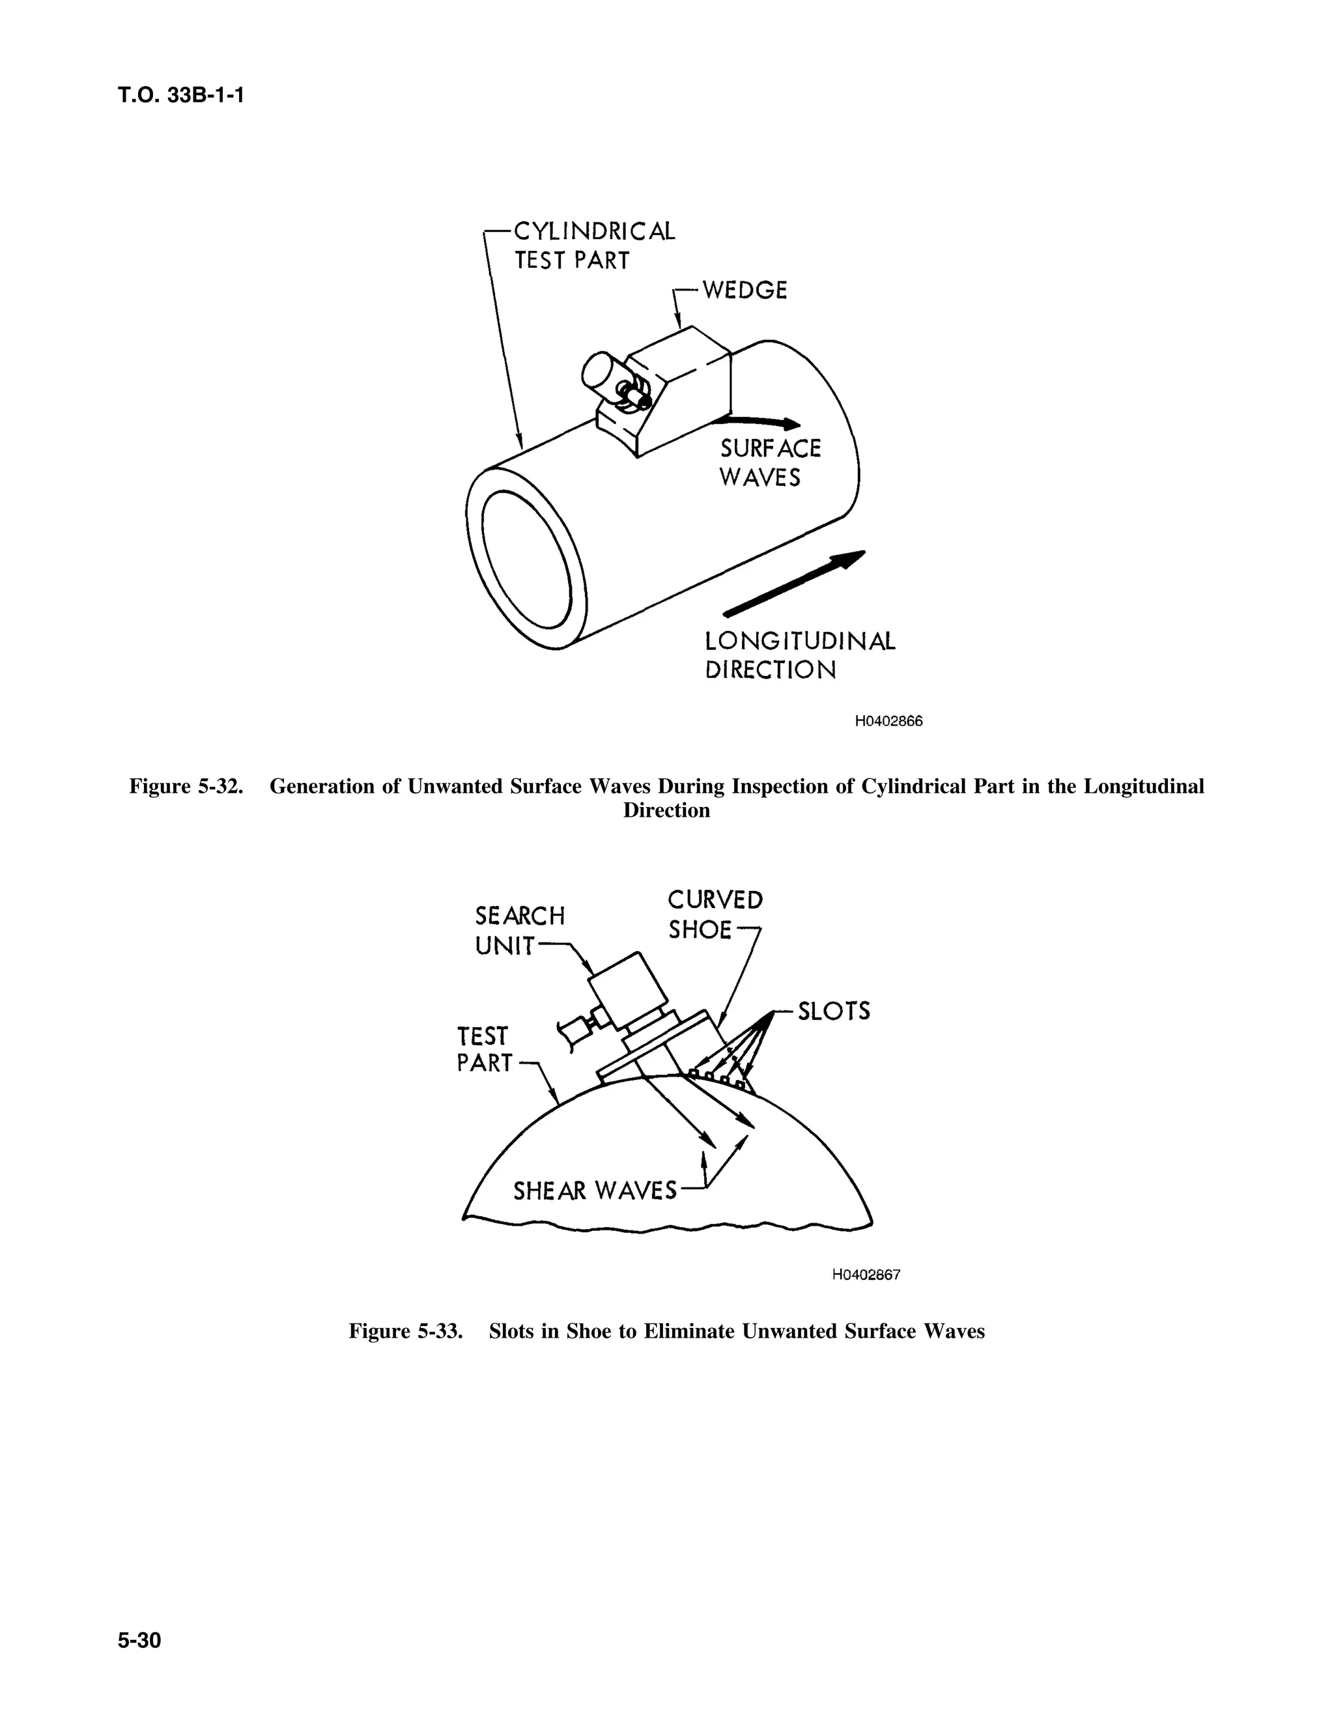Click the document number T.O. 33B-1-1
point(181,96)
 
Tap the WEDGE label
point(745,291)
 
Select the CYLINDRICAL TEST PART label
point(593,246)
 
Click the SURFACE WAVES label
point(769,463)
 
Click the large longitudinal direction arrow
point(794,583)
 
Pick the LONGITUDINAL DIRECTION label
point(800,655)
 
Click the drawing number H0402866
point(888,722)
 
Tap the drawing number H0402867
point(866,1275)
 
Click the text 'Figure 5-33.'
point(405,1332)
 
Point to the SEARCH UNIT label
point(519,930)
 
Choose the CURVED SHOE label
point(715,914)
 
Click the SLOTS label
point(833,1011)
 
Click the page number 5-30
point(139,1641)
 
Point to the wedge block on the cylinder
point(679,395)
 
